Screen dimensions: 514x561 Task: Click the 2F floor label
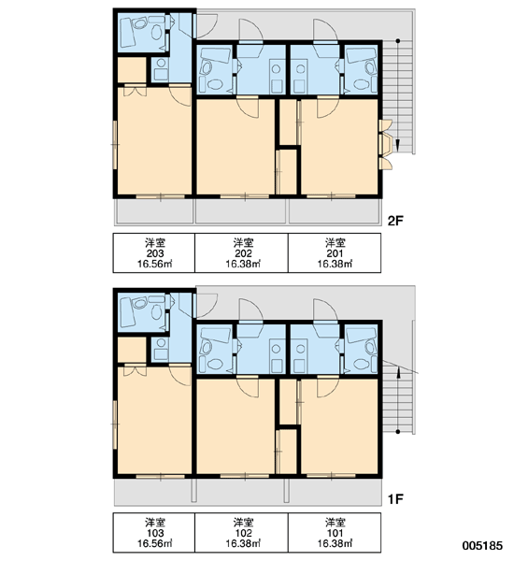click(395, 221)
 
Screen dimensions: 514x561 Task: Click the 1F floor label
click(395, 498)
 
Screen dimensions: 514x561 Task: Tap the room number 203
click(155, 253)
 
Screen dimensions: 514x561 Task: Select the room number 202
click(243, 253)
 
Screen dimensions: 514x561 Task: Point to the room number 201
click(335, 253)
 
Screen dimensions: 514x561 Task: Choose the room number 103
click(155, 534)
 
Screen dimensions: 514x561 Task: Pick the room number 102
click(243, 534)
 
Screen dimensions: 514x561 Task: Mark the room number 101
click(335, 534)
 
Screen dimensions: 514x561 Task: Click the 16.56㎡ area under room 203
click(155, 264)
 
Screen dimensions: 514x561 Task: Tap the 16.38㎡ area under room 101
click(335, 544)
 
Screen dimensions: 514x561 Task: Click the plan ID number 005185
click(482, 546)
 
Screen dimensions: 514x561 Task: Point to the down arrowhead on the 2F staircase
click(398, 146)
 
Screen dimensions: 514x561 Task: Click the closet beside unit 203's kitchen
click(132, 70)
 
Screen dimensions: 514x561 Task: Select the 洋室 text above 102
click(243, 523)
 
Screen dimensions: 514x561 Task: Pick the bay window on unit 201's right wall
click(386, 145)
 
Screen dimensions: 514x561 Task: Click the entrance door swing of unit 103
click(206, 306)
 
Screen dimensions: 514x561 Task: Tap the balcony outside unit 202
click(241, 211)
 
